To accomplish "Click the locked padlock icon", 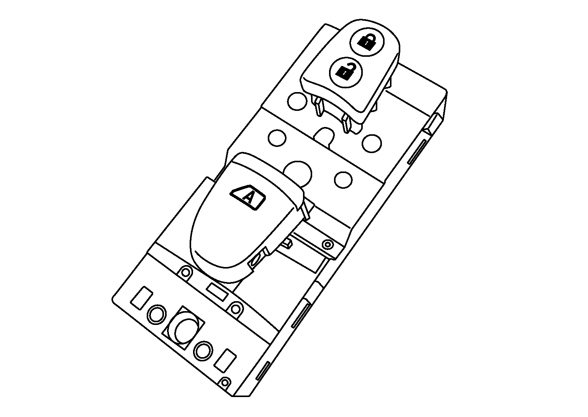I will [x=367, y=41].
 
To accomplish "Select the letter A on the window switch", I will [x=249, y=198].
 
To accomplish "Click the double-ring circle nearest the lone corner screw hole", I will [x=203, y=350].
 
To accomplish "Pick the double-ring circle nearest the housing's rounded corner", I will [x=156, y=315].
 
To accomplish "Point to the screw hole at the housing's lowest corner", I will [x=226, y=382].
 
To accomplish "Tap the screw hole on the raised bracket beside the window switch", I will [x=327, y=244].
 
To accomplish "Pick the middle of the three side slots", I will [x=301, y=314].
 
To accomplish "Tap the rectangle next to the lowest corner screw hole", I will [x=224, y=361].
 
